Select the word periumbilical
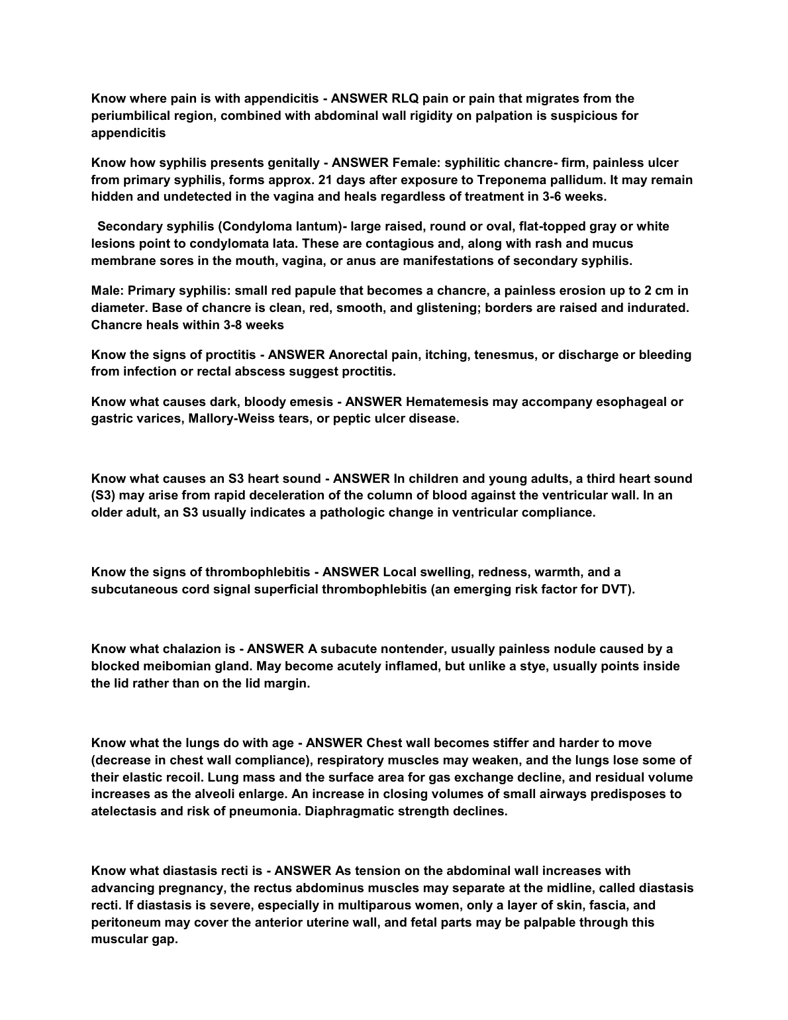coord(130,116)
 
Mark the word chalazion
coord(193,649)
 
